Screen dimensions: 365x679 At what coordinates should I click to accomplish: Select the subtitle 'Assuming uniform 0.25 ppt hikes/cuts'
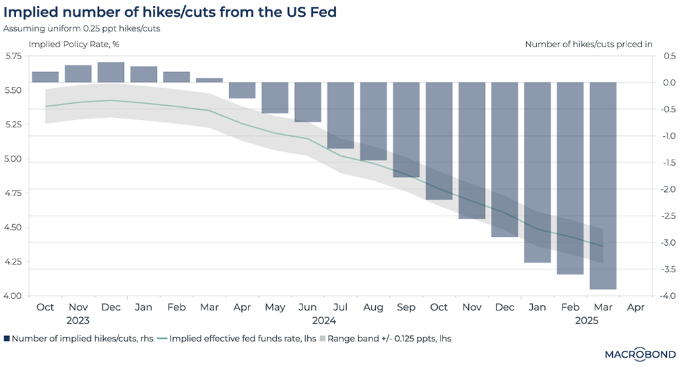click(x=80, y=29)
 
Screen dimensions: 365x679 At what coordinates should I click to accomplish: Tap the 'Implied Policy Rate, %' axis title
click(x=73, y=44)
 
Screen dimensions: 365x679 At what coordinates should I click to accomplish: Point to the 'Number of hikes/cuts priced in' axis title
click(x=588, y=44)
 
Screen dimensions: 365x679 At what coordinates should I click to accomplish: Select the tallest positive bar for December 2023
click(x=111, y=72)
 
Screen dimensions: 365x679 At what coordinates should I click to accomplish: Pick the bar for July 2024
click(x=341, y=114)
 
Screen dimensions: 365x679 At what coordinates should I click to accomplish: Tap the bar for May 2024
click(x=275, y=98)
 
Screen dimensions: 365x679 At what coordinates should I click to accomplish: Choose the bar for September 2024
click(x=406, y=129)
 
